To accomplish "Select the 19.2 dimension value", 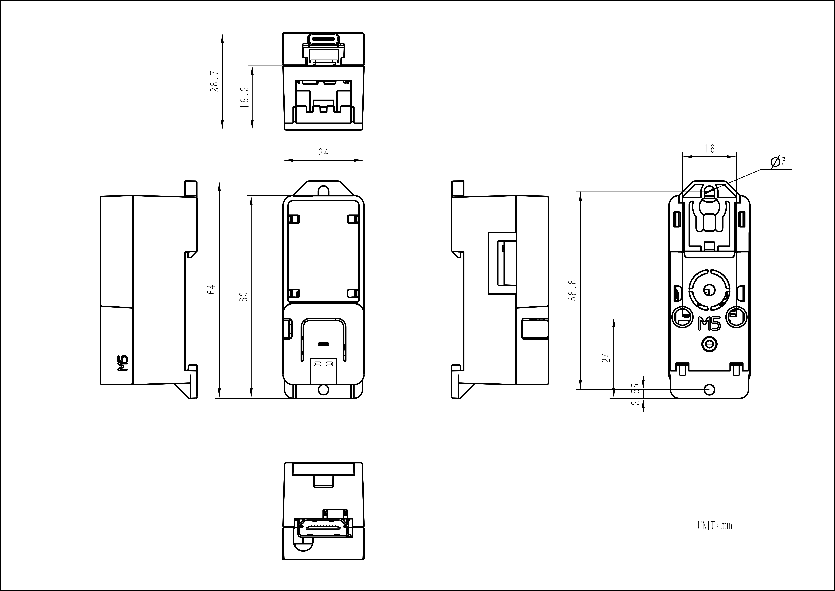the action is point(244,97).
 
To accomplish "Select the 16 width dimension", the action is point(709,149).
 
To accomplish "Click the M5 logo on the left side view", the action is point(124,363).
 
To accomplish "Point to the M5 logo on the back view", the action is point(710,324).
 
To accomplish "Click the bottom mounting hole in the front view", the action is point(323,389).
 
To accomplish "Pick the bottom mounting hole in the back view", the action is point(710,389).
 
